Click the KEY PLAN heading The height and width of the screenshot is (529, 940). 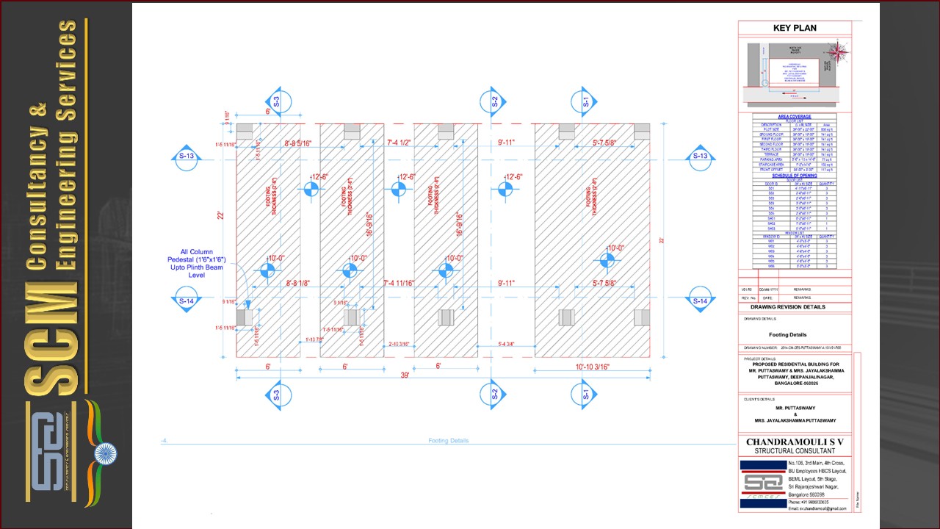[x=795, y=29]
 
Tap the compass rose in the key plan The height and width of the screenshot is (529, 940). [x=837, y=52]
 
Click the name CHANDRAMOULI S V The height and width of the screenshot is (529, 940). [x=795, y=442]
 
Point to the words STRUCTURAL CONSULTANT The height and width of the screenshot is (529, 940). [x=795, y=450]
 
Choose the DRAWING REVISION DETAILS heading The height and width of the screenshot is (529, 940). [x=782, y=307]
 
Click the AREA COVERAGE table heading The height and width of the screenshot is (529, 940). [x=795, y=117]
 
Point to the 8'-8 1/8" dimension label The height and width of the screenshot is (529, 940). [x=303, y=283]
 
